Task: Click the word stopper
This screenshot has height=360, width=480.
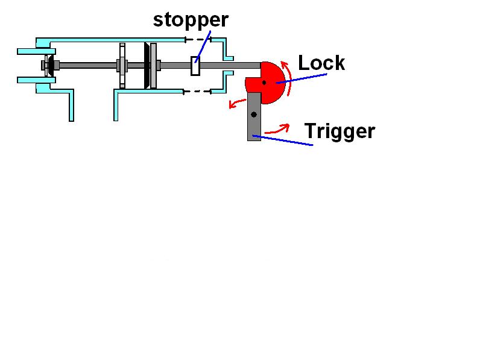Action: [191, 20]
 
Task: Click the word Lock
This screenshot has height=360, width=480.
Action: [321, 63]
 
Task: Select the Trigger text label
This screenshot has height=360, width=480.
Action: [339, 131]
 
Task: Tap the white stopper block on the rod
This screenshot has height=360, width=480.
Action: [195, 66]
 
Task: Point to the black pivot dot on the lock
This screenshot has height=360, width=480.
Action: [264, 82]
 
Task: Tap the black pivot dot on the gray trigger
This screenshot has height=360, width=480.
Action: [253, 114]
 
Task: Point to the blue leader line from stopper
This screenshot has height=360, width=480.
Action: [204, 46]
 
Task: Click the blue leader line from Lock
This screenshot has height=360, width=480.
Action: [302, 78]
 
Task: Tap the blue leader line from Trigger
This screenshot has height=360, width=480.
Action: [283, 141]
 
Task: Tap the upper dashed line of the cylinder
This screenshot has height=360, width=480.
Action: [197, 40]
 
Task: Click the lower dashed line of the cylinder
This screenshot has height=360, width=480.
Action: [197, 92]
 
